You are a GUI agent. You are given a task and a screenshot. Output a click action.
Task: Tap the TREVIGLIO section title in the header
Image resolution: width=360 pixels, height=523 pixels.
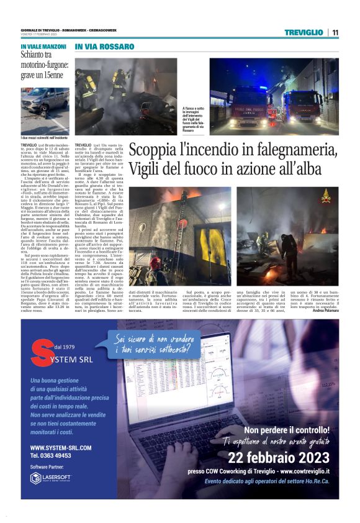click(x=304, y=32)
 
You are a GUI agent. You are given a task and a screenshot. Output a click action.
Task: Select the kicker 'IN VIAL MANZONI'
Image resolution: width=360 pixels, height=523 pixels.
click(x=44, y=47)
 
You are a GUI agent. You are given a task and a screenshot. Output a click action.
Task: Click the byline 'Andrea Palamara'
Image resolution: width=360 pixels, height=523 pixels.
click(x=326, y=311)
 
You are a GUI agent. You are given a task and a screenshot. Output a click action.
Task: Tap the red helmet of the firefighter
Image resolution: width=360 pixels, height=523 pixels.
click(x=156, y=261)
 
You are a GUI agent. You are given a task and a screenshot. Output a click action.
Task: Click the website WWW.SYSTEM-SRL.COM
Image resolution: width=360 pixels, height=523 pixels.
click(x=61, y=447)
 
